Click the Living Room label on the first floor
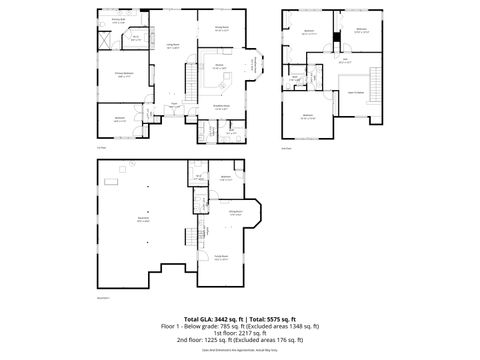[172, 46]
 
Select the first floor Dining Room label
[221, 28]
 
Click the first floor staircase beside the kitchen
[257, 67]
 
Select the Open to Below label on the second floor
[355, 92]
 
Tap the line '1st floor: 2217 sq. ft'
[240, 333]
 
